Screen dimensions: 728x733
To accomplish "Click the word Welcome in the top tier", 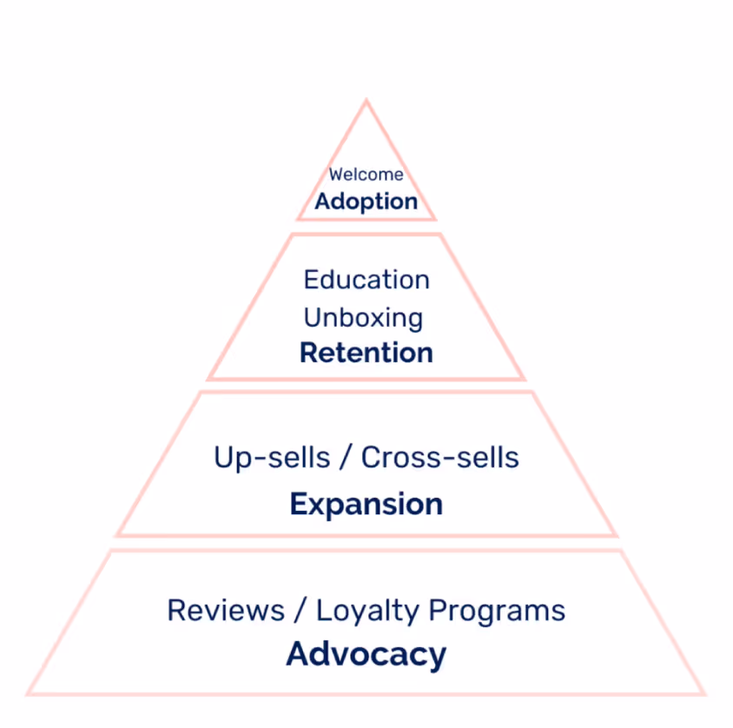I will (366, 175).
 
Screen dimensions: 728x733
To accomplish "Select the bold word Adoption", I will (366, 202).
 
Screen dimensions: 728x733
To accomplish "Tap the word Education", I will (366, 280).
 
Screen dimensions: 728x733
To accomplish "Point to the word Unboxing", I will (363, 317).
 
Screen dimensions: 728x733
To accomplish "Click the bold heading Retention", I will (366, 353).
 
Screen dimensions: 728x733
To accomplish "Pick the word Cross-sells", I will (439, 457).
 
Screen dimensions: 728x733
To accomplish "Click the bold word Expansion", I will (366, 504).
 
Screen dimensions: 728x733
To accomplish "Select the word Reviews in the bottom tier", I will (225, 610).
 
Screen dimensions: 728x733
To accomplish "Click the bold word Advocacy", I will (366, 654).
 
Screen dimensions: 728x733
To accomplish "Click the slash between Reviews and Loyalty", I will (300, 610).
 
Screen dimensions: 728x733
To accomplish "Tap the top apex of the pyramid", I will (366, 102).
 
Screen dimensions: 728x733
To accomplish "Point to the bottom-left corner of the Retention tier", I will (209, 379).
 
